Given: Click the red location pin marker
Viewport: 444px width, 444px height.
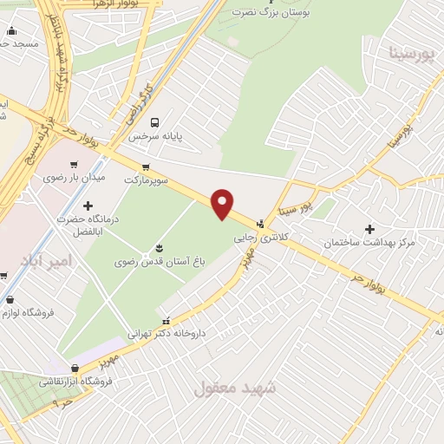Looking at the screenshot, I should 223,203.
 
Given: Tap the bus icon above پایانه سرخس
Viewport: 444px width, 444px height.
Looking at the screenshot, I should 154,122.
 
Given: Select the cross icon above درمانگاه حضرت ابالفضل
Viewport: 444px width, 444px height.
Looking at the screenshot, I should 88,206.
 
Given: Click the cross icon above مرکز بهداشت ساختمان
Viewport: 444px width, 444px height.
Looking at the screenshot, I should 370,229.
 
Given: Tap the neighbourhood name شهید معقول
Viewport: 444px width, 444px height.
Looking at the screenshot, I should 234,387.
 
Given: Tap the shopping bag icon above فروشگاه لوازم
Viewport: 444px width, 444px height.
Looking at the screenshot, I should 9,299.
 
